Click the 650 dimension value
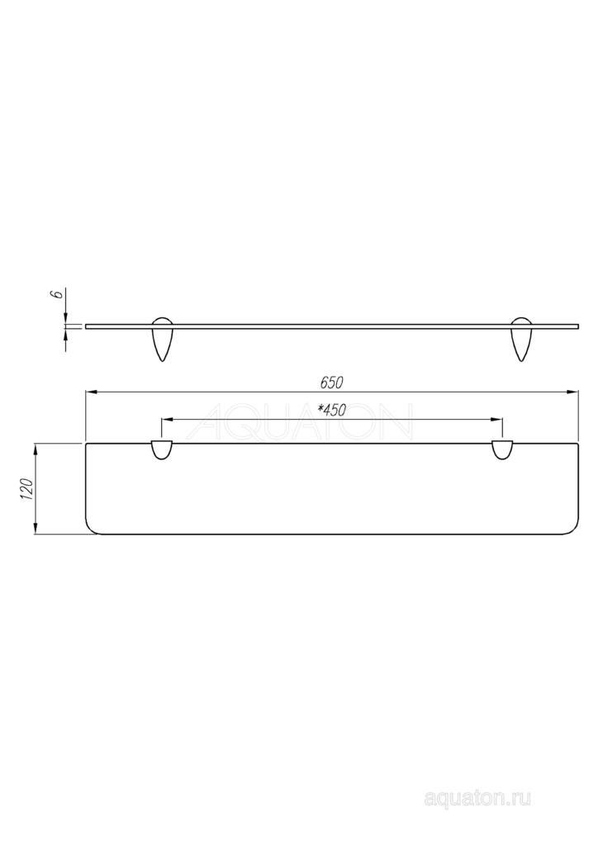point(331,383)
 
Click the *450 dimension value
point(331,410)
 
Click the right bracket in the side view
point(521,339)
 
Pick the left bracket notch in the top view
point(162,450)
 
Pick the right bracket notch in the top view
point(502,450)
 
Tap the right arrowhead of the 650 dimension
point(572,392)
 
